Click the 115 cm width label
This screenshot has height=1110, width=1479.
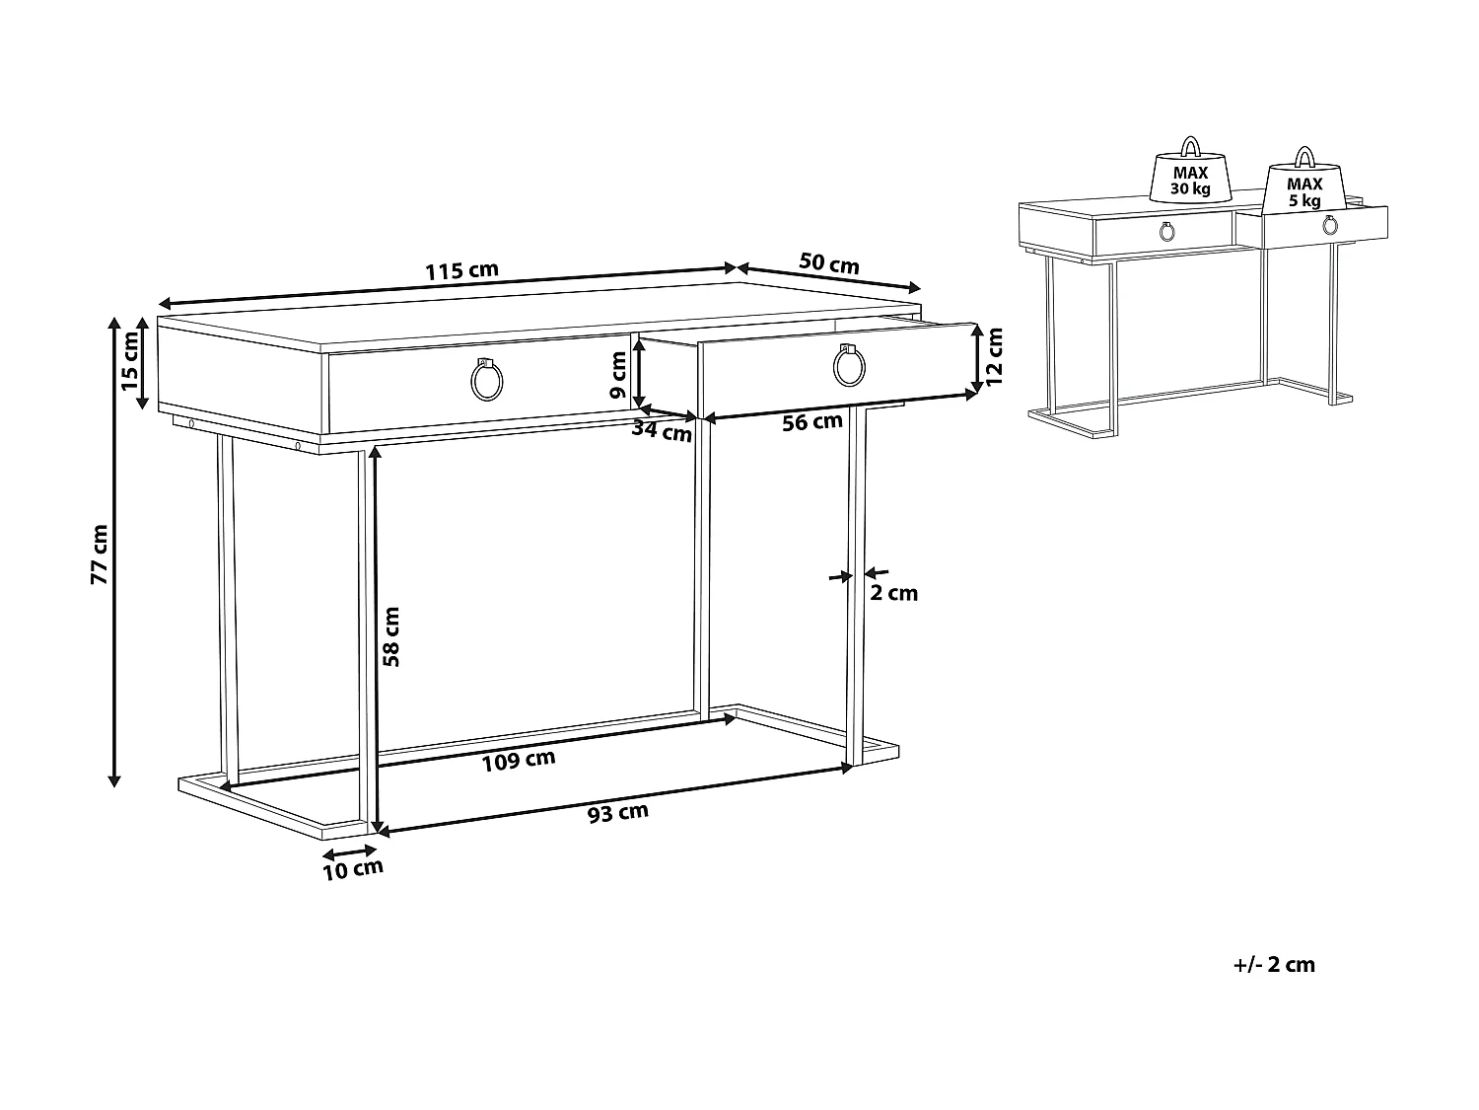(461, 270)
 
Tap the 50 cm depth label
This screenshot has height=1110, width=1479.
(828, 263)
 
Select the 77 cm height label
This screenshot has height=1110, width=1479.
(99, 555)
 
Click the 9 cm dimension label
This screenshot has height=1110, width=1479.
(619, 375)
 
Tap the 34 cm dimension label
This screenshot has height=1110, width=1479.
(662, 430)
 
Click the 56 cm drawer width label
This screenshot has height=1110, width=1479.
(811, 422)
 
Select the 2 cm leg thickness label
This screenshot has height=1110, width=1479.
(893, 593)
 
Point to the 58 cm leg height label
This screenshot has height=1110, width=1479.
(391, 635)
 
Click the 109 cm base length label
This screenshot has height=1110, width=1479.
(519, 760)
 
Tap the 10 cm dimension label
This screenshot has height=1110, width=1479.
(353, 868)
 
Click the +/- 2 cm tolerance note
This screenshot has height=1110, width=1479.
(1274, 965)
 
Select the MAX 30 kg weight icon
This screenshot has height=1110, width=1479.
(1190, 178)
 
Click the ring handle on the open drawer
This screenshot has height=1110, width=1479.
(849, 367)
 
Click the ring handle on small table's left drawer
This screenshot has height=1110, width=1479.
(1167, 233)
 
